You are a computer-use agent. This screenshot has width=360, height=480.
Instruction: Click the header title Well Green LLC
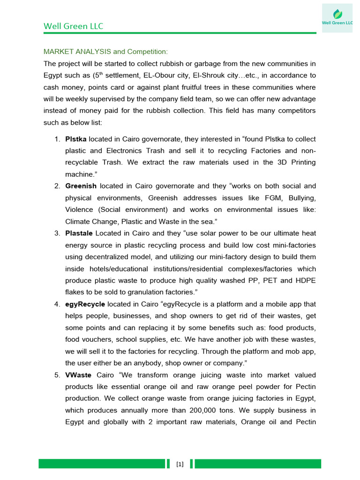click(x=73, y=26)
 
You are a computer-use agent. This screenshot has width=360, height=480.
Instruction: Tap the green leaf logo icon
click(x=337, y=14)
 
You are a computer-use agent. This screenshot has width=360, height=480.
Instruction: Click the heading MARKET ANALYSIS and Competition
click(x=105, y=51)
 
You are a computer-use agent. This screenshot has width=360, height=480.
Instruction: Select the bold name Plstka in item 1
click(x=75, y=139)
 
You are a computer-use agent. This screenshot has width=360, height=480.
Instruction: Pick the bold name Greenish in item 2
click(x=81, y=186)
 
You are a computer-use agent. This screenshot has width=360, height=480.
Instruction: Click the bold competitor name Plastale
click(x=79, y=233)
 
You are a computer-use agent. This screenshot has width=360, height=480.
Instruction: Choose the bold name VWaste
click(x=78, y=375)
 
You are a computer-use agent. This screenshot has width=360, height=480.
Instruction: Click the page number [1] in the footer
click(x=180, y=464)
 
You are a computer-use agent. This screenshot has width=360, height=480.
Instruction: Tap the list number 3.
click(x=56, y=233)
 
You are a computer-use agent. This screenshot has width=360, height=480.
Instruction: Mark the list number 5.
click(x=56, y=375)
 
